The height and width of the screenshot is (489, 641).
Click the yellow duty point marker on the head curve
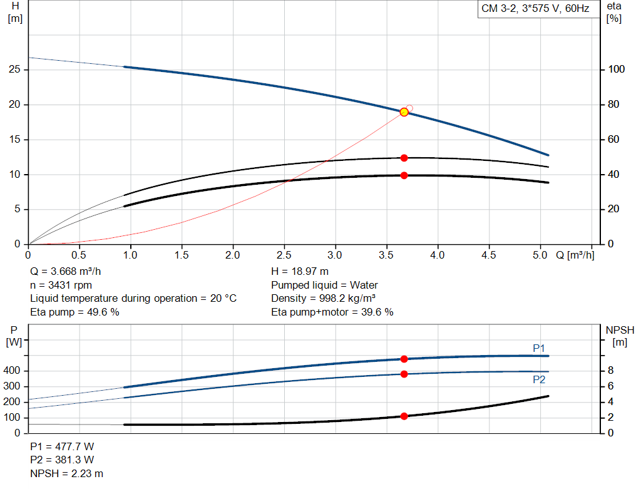(x=404, y=112)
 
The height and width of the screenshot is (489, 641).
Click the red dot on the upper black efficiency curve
(x=404, y=158)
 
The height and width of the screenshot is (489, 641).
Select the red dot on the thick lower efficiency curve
(x=404, y=175)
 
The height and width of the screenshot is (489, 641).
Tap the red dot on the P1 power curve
(x=404, y=359)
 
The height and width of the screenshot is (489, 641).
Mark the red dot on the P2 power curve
(x=404, y=374)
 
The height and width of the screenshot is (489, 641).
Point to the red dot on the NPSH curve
(x=404, y=416)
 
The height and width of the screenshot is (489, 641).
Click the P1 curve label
(x=539, y=348)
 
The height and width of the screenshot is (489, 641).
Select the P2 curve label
(x=539, y=380)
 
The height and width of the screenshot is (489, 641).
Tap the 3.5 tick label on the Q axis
(x=386, y=255)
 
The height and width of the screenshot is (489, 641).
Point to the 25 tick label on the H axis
(x=14, y=69)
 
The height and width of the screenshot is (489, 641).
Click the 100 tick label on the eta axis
(x=616, y=69)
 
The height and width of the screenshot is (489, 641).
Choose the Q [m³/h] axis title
(x=575, y=255)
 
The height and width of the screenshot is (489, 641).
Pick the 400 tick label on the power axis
(x=11, y=371)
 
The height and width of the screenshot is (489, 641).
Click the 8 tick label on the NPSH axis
(x=611, y=371)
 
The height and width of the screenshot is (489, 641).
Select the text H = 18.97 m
(x=300, y=272)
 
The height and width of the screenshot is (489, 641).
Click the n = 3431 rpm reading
(x=61, y=285)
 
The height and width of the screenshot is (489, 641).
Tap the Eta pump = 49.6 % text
(x=75, y=312)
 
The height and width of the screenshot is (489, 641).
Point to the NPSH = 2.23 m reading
(x=66, y=473)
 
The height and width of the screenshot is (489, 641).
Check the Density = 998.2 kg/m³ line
(x=324, y=299)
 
